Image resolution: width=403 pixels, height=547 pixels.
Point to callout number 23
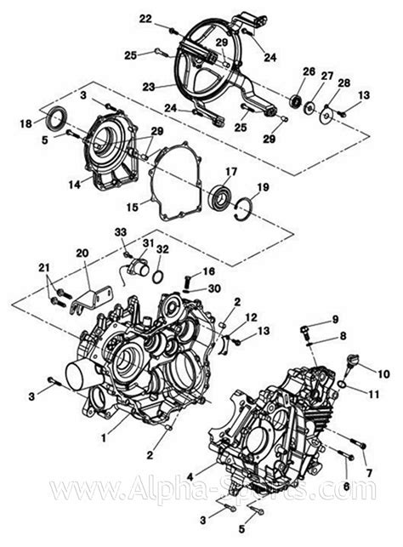coord(147,86)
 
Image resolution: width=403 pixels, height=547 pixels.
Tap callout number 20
coord(82,254)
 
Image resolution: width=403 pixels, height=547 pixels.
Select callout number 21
coord(43,269)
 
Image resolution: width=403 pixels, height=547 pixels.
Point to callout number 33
coord(119,231)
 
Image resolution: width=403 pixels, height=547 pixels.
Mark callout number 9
coord(335,318)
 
